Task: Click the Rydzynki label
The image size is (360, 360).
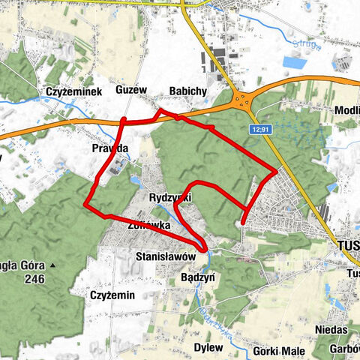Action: point(170,196)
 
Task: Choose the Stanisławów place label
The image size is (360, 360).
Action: point(166,256)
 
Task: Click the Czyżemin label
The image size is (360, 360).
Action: point(112,295)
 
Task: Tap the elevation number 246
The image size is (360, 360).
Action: point(33,280)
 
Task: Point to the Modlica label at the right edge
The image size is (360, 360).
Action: point(347,109)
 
